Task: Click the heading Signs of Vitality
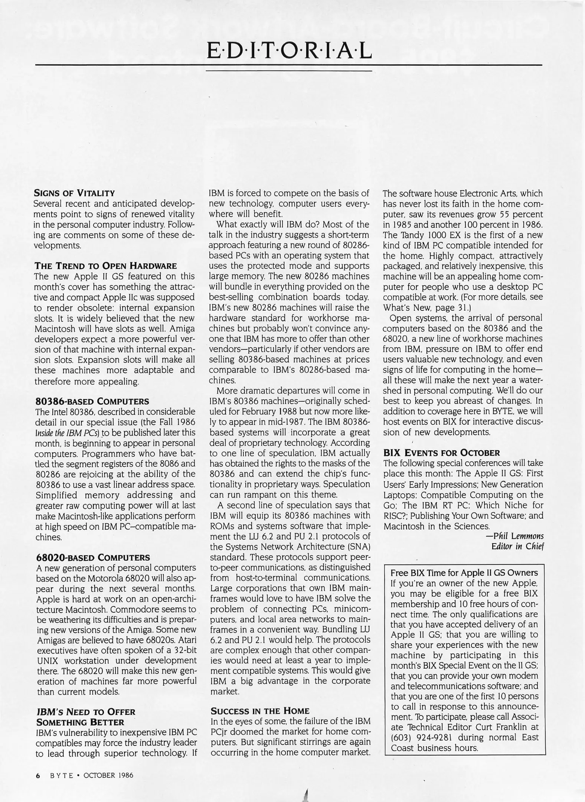pyautogui.click(x=74, y=193)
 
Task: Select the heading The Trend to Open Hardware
pyautogui.click(x=105, y=266)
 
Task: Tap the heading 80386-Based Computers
pyautogui.click(x=92, y=401)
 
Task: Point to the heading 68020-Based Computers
pyautogui.click(x=93, y=557)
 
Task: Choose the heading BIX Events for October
pyautogui.click(x=441, y=453)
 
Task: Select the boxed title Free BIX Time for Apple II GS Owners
pyautogui.click(x=464, y=573)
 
